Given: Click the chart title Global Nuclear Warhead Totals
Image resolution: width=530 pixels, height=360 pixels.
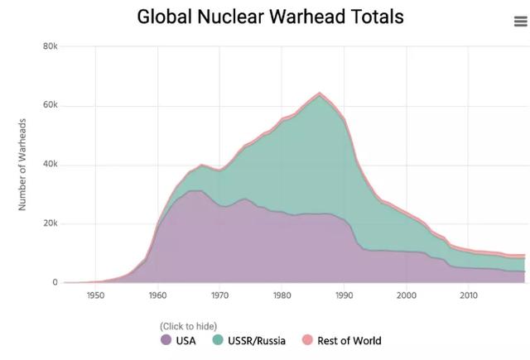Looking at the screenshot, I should tap(270, 17).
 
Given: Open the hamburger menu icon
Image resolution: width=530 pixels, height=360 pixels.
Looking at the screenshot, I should tap(520, 22).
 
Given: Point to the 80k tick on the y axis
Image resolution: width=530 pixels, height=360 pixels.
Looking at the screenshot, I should tap(51, 46).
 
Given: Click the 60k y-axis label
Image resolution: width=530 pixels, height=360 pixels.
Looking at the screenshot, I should tap(51, 105).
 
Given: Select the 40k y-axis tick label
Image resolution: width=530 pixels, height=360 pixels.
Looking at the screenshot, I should tap(51, 164).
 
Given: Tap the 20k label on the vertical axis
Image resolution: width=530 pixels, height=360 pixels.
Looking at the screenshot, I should tap(51, 223).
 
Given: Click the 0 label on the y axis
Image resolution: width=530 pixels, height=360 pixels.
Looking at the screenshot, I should tap(55, 282).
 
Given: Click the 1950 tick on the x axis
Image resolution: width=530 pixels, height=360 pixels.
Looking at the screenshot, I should tap(95, 295).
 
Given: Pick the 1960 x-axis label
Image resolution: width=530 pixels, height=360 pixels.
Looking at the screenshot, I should tap(157, 295).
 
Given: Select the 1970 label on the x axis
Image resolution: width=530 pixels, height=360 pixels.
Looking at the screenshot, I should tap(219, 295).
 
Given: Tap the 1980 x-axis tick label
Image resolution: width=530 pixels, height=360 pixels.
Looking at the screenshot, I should tap(282, 295).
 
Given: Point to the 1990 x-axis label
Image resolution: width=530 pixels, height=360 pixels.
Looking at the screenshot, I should tap(344, 295).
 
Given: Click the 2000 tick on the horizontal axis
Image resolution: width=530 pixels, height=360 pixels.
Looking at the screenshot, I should tap(406, 295).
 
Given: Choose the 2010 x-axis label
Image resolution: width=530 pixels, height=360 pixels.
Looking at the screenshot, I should tap(468, 295).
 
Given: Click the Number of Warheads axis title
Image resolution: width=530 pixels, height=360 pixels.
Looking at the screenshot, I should tap(23, 164).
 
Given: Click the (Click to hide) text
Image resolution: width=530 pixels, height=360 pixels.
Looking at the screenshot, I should tap(188, 326).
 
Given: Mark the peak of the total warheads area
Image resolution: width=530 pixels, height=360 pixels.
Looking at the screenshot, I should tap(320, 93).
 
